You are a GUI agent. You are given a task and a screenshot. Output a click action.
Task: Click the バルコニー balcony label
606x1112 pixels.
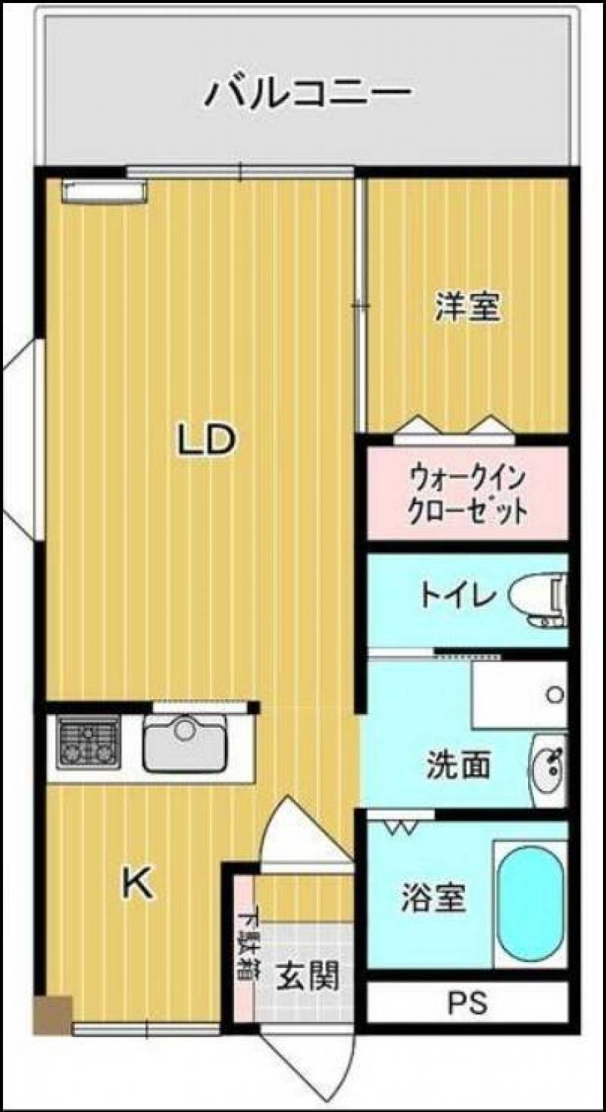coord(308,93)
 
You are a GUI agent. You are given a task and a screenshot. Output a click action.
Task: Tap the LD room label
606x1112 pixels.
coord(205,439)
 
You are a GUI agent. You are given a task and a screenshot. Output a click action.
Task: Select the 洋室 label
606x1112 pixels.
coord(467,308)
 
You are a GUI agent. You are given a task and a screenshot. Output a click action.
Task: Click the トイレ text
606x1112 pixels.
coord(458,595)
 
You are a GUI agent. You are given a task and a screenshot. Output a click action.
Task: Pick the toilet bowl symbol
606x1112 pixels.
coord(539,600)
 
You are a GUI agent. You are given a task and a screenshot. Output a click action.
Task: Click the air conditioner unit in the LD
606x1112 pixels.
coord(105,191)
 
